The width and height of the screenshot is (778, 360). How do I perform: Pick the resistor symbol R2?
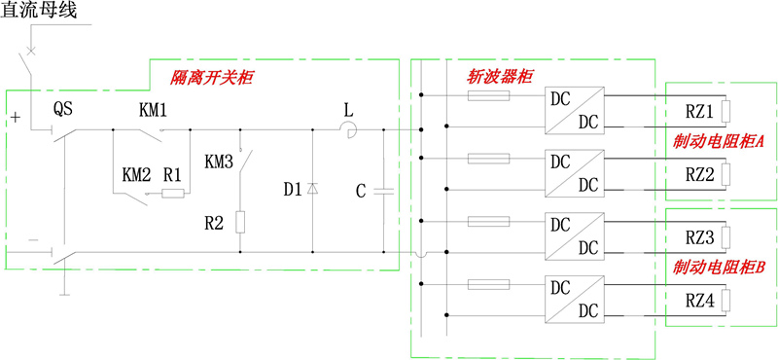click(x=240, y=222)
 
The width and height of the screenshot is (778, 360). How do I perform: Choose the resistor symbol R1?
click(x=173, y=194)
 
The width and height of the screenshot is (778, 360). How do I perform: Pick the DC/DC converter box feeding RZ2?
click(x=575, y=172)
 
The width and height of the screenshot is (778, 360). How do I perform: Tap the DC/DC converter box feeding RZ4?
click(x=575, y=299)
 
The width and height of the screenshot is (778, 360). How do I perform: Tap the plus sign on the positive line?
click(x=15, y=118)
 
